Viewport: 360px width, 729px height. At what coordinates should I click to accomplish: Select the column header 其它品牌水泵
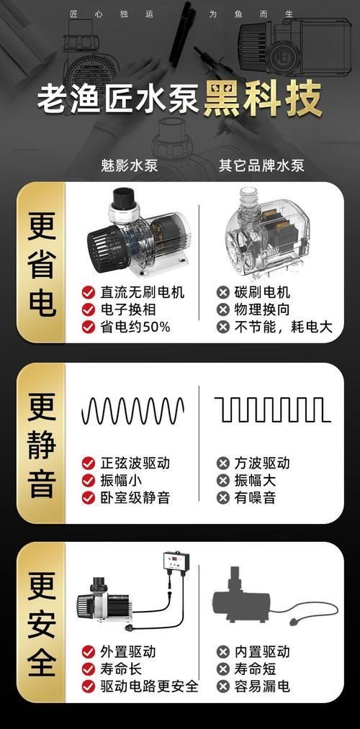[262, 166]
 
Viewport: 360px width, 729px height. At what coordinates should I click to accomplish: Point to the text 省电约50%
[135, 327]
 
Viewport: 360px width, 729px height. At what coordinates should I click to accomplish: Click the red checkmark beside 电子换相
[89, 309]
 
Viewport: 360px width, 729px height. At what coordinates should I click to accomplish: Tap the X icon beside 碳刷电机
[223, 292]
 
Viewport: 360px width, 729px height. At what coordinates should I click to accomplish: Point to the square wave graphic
[272, 411]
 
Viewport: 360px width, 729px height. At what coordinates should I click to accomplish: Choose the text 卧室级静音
[135, 497]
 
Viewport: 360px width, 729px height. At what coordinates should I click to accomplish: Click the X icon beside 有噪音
[223, 497]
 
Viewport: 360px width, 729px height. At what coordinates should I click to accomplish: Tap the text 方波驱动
[262, 463]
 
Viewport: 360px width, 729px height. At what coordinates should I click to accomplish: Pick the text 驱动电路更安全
[149, 686]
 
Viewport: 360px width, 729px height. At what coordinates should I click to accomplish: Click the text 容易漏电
[262, 686]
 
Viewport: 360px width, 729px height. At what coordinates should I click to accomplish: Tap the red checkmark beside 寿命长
[89, 669]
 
